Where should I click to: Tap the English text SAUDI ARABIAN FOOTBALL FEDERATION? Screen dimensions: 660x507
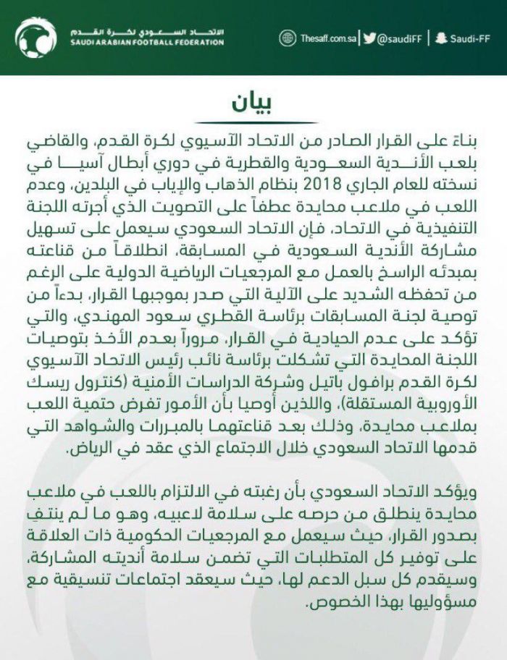[x=144, y=43]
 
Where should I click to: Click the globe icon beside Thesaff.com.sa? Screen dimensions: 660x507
[x=288, y=38]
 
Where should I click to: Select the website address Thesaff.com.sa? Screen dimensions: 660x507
[x=327, y=38]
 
